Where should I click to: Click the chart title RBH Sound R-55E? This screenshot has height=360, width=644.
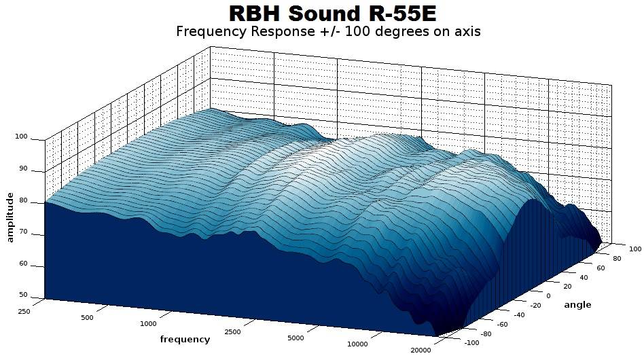(332, 13)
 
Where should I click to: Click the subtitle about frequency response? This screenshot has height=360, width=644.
(328, 31)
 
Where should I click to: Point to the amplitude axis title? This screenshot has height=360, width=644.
(10, 217)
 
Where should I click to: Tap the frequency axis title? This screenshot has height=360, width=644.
(185, 340)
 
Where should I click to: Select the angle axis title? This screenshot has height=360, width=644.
(577, 304)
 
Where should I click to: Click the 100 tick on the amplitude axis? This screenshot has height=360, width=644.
(21, 137)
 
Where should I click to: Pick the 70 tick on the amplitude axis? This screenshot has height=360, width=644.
(23, 232)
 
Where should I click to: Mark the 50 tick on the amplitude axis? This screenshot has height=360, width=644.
(23, 295)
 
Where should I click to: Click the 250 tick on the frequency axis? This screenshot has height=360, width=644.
(24, 312)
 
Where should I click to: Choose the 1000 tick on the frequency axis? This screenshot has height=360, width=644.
(148, 323)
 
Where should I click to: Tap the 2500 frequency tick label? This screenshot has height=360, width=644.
(232, 331)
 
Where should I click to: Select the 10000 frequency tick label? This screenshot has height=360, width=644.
(357, 344)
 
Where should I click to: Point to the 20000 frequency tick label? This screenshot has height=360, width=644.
(421, 350)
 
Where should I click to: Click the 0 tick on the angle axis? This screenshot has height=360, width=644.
(548, 296)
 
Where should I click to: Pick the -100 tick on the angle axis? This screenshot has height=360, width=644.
(471, 343)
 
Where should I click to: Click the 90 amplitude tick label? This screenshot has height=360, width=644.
(23, 168)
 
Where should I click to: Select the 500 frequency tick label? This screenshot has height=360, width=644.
(87, 317)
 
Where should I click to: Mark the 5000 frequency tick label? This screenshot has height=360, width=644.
(296, 338)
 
